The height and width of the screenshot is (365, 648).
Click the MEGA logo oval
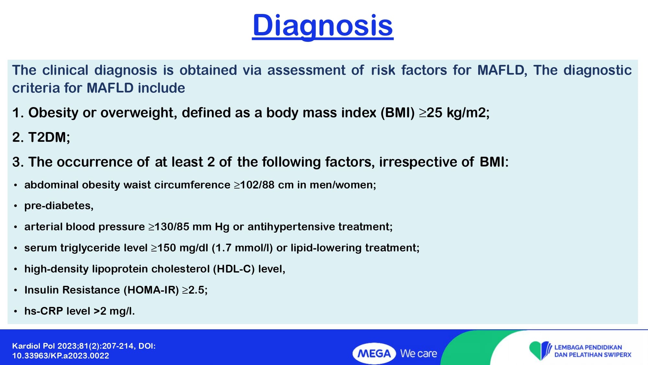(x=374, y=353)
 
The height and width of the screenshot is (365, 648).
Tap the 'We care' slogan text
(x=419, y=353)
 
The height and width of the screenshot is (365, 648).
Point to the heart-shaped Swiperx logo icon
(x=540, y=350)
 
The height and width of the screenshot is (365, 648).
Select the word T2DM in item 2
(x=47, y=137)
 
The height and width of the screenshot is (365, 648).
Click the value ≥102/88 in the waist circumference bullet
(x=254, y=185)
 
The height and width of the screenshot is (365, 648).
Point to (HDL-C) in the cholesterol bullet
(x=234, y=269)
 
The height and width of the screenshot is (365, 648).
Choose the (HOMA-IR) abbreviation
(x=151, y=290)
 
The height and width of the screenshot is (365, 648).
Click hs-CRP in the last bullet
(x=44, y=311)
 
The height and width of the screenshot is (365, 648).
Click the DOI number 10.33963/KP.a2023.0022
(x=61, y=356)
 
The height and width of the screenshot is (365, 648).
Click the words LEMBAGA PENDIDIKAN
(x=588, y=347)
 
